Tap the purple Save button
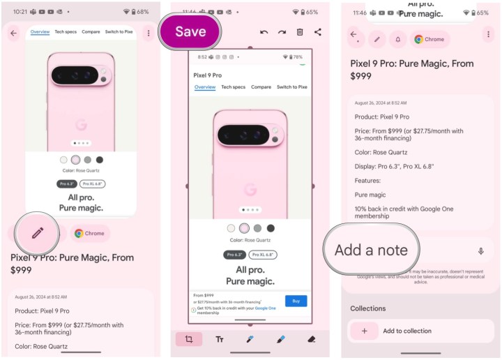190,31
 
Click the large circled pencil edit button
37,233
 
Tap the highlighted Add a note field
371,250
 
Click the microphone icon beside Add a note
480,251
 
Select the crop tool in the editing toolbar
189,339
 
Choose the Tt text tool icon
220,339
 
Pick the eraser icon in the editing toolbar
312,339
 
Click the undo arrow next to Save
264,32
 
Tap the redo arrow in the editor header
282,32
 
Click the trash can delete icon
300,32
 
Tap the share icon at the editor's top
318,32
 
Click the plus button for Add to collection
364,331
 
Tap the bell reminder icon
397,39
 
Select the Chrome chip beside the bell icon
429,39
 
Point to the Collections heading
367,308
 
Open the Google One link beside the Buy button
265,308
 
